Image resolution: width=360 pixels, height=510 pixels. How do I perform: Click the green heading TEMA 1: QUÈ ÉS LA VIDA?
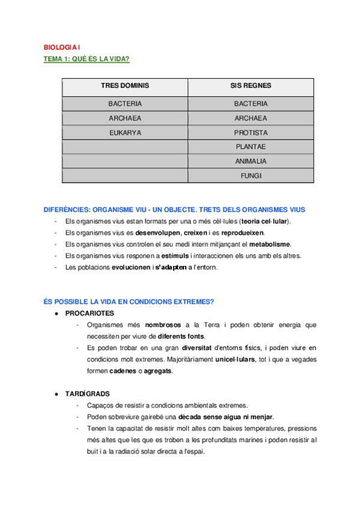point(87,58)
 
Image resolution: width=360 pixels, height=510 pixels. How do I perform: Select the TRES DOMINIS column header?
point(125,85)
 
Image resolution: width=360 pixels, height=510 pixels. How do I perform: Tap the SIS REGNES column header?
point(251,85)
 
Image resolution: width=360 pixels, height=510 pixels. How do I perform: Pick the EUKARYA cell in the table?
point(125,133)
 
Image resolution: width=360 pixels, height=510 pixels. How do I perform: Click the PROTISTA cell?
point(251,133)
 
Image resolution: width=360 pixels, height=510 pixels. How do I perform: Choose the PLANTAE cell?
point(251,147)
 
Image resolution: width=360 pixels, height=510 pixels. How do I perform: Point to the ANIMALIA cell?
point(251,162)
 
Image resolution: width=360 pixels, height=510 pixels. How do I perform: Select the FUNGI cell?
point(251,176)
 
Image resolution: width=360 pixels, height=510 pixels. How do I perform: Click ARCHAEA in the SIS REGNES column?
point(251,118)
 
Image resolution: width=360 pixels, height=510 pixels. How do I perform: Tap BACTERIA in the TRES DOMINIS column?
point(125,104)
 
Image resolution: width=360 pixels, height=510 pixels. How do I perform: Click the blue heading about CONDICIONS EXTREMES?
point(129,301)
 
